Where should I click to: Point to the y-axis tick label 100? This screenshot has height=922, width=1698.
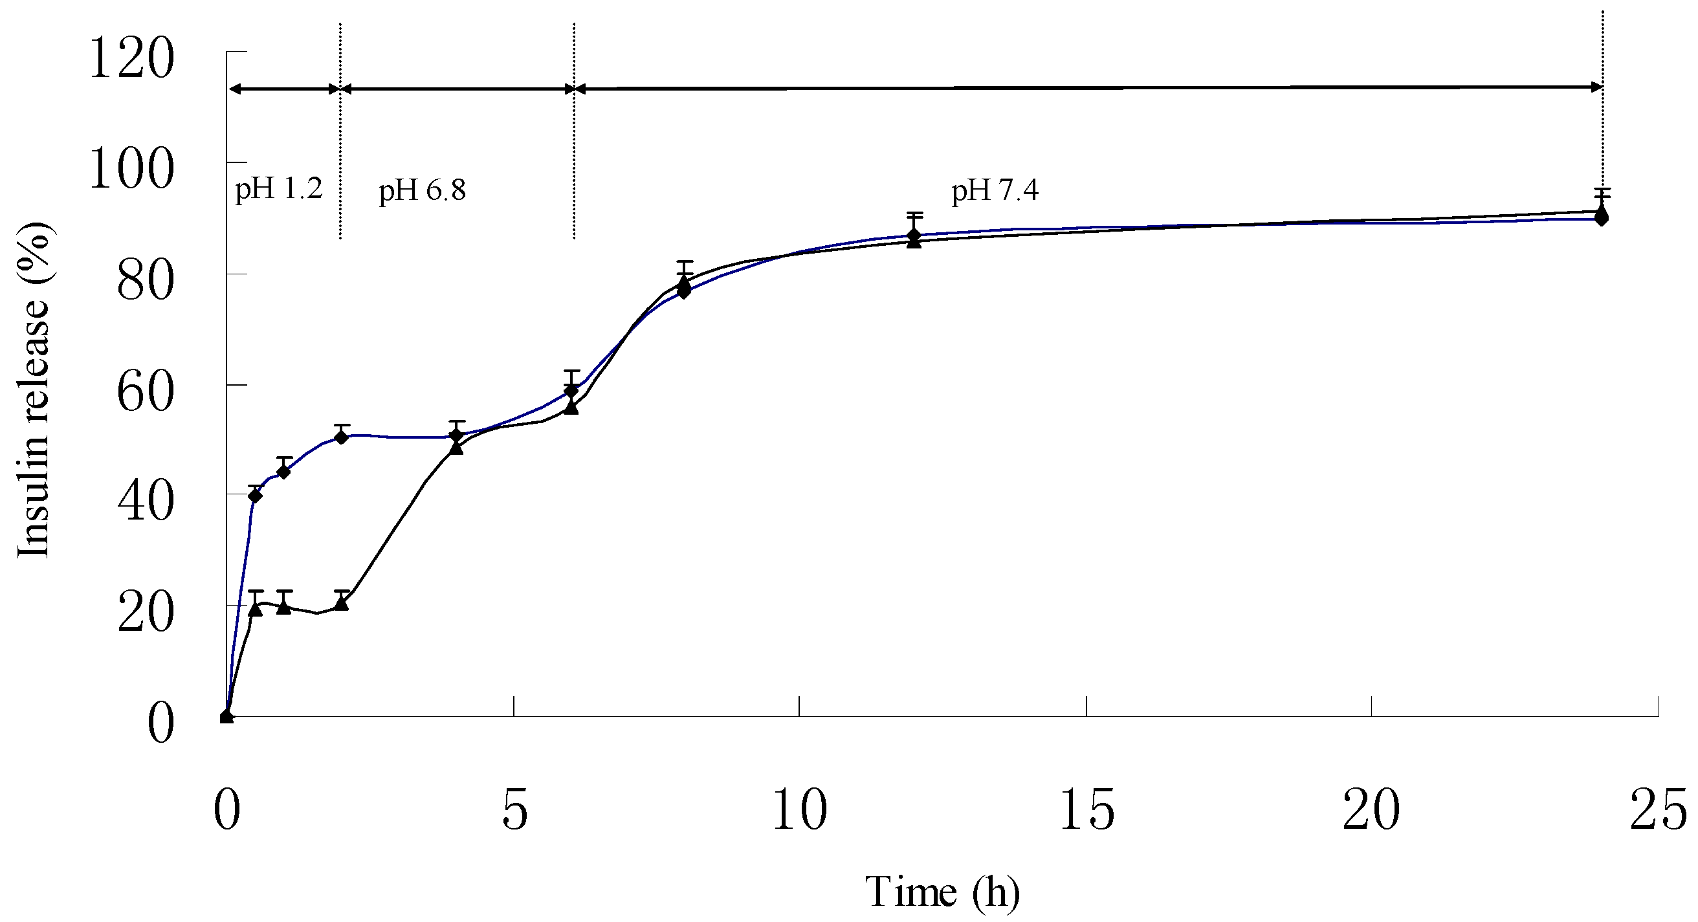(x=132, y=169)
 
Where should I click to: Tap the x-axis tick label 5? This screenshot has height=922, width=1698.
(x=514, y=810)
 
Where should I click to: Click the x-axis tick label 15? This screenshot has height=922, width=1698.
(x=1086, y=810)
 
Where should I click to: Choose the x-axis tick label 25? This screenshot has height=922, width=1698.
(x=1657, y=810)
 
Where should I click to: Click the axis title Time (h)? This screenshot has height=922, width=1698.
(x=942, y=892)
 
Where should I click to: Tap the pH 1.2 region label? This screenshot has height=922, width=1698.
(x=278, y=189)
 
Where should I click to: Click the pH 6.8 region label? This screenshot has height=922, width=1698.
(x=422, y=190)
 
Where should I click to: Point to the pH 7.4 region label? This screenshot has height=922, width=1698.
(x=994, y=190)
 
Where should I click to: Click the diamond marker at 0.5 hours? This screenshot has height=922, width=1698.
(x=255, y=496)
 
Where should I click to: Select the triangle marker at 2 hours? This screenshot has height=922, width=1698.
(x=341, y=602)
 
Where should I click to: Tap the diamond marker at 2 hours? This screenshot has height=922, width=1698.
(x=341, y=437)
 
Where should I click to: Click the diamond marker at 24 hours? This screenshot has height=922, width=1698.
(x=1601, y=218)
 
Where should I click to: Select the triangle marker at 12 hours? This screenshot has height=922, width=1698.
(x=913, y=241)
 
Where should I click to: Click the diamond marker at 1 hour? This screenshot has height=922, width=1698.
(x=284, y=472)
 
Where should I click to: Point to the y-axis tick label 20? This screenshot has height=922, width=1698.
(x=145, y=613)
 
